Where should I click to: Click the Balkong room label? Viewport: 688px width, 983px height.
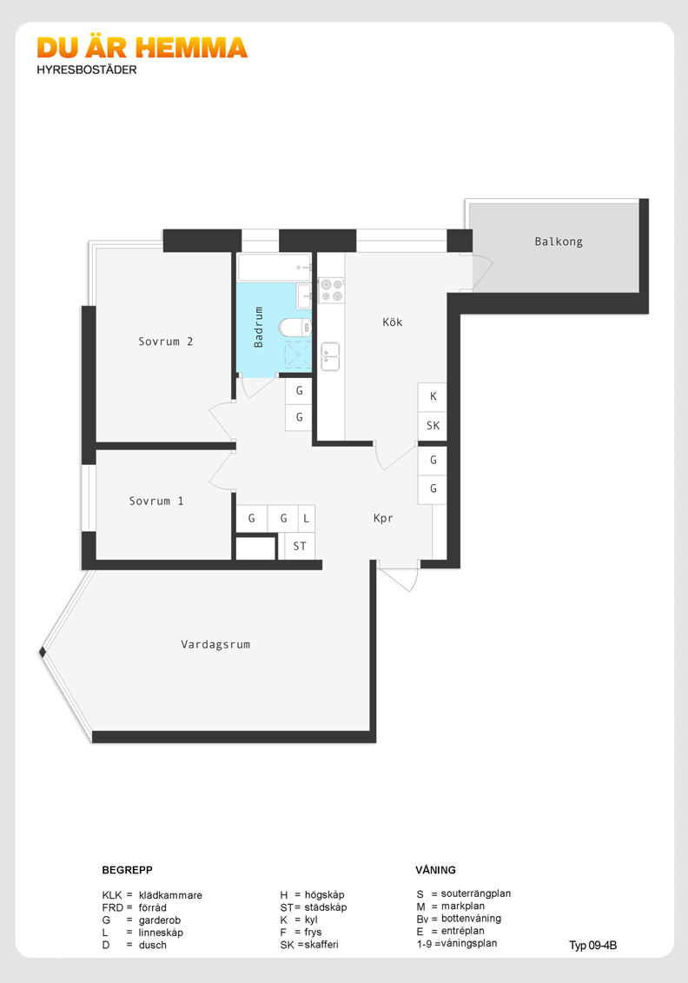pos(559,242)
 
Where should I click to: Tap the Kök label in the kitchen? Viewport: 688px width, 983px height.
pos(393,322)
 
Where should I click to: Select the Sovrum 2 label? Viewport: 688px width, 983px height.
pos(165,342)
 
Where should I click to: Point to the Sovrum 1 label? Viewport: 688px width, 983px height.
pos(156,501)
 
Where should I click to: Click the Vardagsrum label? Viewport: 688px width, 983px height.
pos(215,644)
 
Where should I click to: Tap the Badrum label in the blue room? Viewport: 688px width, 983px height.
pos(258,328)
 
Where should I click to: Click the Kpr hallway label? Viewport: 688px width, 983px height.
pos(383,519)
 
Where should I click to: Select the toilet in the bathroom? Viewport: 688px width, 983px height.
pos(294,328)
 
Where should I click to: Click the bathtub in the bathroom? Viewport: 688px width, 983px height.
pos(274,268)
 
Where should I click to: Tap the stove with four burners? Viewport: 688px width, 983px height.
pos(332,290)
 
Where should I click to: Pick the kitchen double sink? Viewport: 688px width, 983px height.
pos(329,356)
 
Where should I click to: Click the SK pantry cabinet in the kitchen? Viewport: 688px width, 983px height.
pos(433,426)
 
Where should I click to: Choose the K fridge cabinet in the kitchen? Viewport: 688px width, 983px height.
pos(433,397)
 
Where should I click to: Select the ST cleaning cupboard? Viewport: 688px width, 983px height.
pos(300,546)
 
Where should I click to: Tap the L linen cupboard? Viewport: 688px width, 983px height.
pos(307,519)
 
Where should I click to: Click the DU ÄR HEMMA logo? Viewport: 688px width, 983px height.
pos(142,49)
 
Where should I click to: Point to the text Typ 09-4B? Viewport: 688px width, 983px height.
pos(592,946)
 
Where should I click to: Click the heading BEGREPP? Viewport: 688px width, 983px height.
pos(127,870)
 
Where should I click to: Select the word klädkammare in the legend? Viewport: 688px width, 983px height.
pos(170,895)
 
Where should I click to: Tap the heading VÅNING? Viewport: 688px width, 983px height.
pos(435,870)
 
